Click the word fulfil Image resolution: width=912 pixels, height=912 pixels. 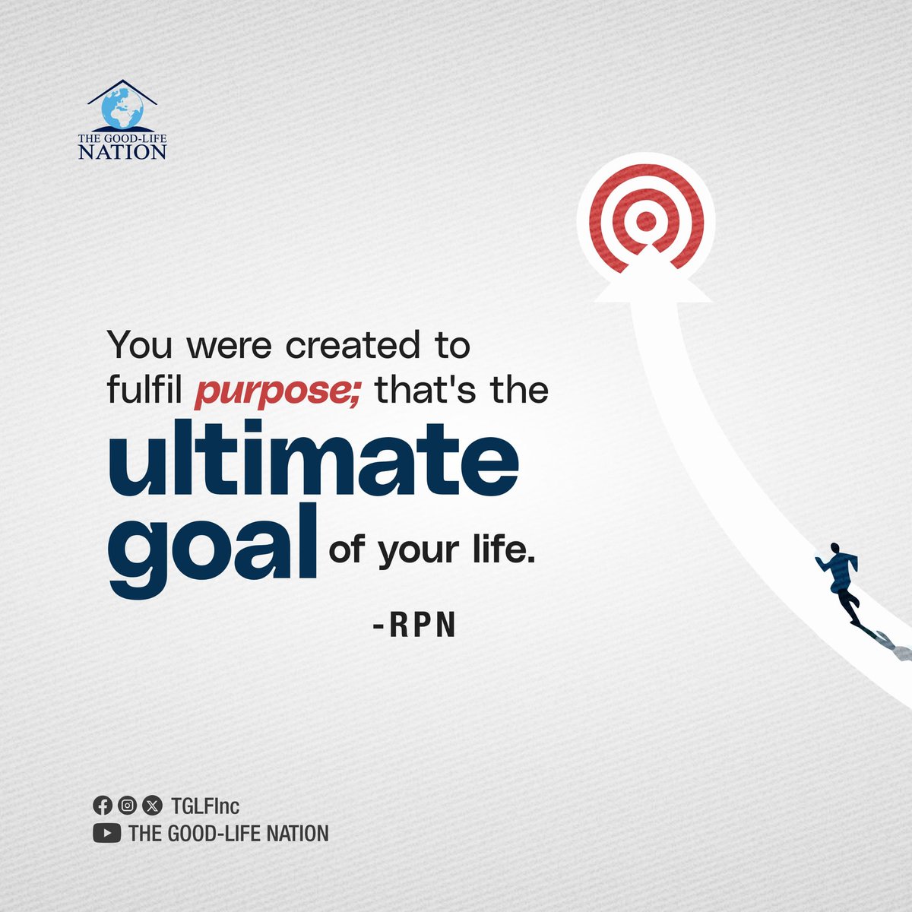[146, 389]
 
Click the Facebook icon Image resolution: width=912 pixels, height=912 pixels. [102, 806]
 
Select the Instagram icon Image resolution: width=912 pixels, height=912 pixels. [128, 806]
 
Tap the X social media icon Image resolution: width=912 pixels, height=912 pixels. [153, 806]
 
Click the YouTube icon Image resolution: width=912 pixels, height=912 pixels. [107, 834]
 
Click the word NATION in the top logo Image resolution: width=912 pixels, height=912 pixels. [122, 150]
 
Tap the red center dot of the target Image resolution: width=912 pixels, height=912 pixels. [646, 221]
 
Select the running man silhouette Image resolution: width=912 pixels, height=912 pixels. [841, 581]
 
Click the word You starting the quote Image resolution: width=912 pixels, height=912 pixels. [140, 346]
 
